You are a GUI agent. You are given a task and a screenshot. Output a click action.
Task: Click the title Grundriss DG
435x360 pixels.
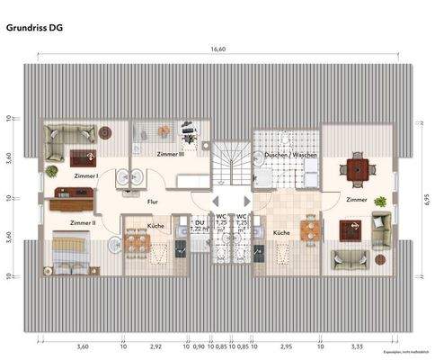click(33, 28)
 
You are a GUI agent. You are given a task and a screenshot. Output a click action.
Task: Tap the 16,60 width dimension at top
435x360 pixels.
click(217, 49)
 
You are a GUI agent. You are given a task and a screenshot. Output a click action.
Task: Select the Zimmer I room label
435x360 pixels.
click(86, 176)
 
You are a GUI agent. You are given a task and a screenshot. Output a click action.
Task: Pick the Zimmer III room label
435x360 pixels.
click(170, 155)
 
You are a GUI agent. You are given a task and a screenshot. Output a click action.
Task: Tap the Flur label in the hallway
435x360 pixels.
click(153, 202)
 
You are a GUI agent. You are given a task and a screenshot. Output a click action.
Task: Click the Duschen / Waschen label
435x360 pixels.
click(290, 155)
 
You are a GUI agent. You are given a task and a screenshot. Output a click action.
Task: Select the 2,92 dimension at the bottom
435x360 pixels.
click(155, 346)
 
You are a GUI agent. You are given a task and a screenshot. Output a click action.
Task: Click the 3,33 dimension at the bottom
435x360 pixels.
click(358, 346)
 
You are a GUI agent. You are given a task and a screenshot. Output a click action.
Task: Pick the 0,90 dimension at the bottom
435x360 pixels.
click(199, 346)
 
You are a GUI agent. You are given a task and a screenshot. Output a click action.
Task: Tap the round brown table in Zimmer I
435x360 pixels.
click(105, 132)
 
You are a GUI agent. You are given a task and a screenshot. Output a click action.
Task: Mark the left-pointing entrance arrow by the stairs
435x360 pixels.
click(215, 202)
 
